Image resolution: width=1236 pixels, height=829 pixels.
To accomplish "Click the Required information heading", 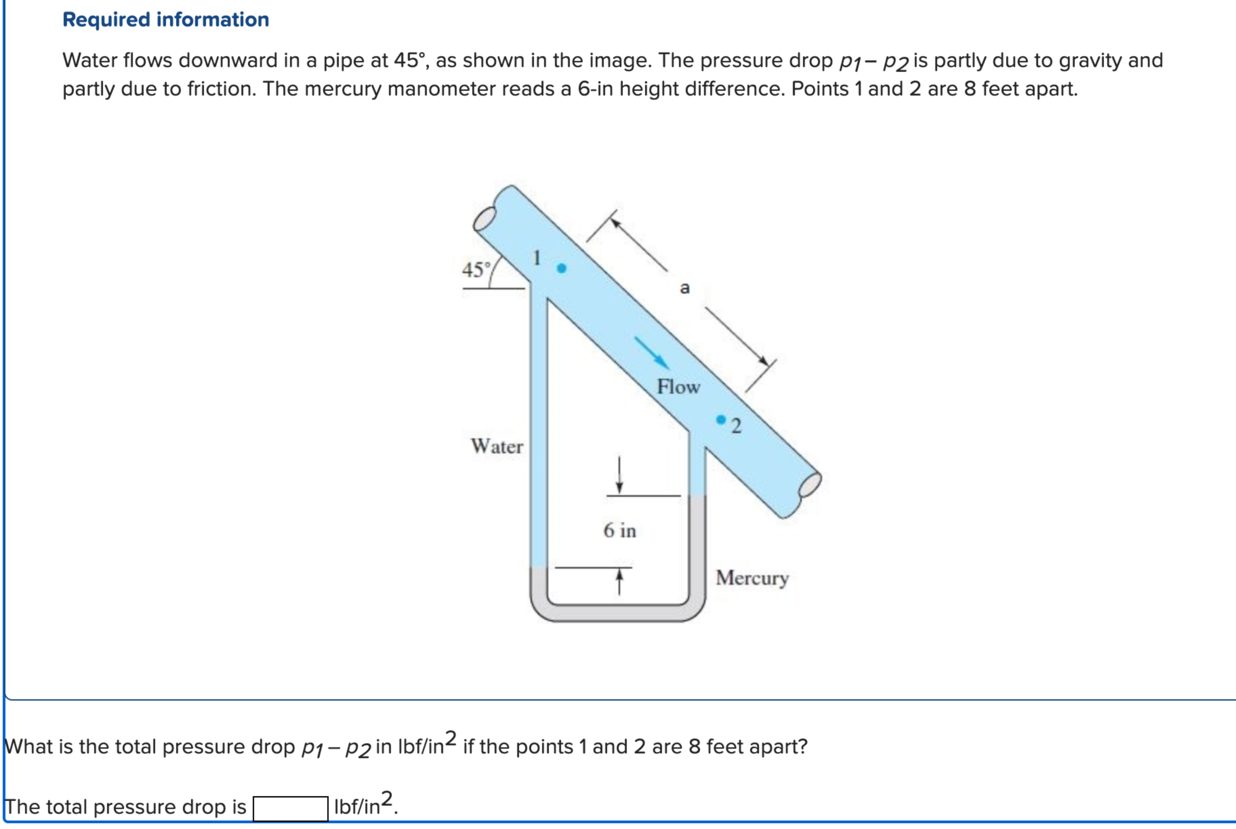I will (x=165, y=20).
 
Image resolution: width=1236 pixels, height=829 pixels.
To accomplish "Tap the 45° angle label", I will (x=475, y=270).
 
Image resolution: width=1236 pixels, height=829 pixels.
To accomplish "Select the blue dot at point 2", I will (x=721, y=420).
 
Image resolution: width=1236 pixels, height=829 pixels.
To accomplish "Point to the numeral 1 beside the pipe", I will (x=537, y=258).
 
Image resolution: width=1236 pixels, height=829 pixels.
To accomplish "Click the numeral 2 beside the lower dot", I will (x=737, y=426).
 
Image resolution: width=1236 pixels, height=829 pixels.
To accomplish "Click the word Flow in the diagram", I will (x=678, y=387).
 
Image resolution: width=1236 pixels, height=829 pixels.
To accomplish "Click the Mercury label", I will (x=752, y=578).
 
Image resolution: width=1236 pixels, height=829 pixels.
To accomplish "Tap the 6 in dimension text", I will (x=620, y=530).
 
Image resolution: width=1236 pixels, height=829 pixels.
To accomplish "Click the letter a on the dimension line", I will (x=685, y=288).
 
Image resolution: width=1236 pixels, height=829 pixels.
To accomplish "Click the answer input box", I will (x=290, y=808).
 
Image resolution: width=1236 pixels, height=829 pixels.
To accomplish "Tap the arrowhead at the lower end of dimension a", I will (x=763, y=361).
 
